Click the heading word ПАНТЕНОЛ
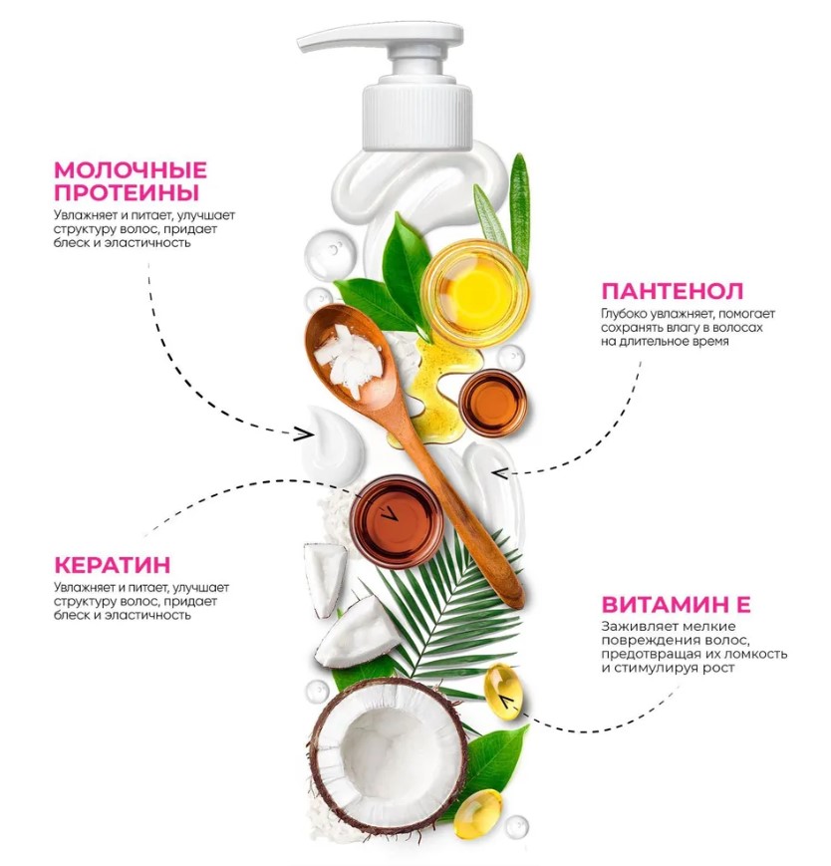(672, 291)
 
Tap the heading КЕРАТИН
(112, 565)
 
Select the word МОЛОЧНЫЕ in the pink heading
(131, 170)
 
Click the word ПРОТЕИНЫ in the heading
(127, 192)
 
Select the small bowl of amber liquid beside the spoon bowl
(492, 401)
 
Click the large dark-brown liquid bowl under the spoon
(396, 521)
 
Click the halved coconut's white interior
(390, 755)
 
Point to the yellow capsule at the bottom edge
(477, 813)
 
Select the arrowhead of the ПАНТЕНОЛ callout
(501, 473)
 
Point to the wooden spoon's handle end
(516, 599)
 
